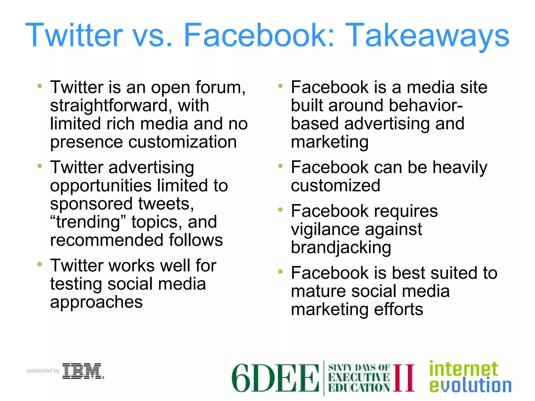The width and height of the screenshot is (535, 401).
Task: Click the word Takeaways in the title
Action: click(x=428, y=35)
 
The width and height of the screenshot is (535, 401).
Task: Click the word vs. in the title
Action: click(x=153, y=35)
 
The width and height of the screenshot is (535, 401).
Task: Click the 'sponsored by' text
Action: click(x=43, y=370)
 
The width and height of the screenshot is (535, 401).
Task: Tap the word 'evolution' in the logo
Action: click(x=470, y=386)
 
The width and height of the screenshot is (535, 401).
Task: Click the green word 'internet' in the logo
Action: click(x=463, y=369)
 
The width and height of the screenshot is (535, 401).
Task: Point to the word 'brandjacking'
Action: click(x=341, y=247)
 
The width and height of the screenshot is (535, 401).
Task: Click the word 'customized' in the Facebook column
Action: click(x=335, y=186)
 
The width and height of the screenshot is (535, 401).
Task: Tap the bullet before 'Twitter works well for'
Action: click(x=40, y=264)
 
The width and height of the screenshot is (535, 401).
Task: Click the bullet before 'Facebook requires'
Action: click(x=281, y=210)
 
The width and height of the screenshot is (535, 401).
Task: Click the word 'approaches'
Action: click(x=96, y=302)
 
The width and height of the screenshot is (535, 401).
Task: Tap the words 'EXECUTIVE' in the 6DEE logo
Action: click(x=359, y=378)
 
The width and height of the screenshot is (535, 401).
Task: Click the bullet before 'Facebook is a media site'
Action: click(x=281, y=86)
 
